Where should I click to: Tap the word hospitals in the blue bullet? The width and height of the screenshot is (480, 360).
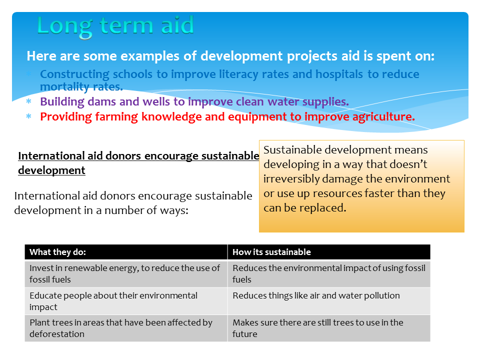(339, 74)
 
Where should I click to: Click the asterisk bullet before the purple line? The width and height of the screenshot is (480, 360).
(29, 101)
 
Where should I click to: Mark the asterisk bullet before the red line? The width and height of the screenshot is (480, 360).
(29, 116)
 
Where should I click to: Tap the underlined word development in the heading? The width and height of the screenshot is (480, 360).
(51, 170)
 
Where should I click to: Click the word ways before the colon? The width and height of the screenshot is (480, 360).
(175, 211)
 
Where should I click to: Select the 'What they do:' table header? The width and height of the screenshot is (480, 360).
(57, 252)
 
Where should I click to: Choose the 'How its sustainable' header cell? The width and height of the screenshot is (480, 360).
(271, 252)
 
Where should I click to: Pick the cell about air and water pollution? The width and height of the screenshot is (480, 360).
(329, 301)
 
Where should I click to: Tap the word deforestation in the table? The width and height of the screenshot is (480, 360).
(57, 334)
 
